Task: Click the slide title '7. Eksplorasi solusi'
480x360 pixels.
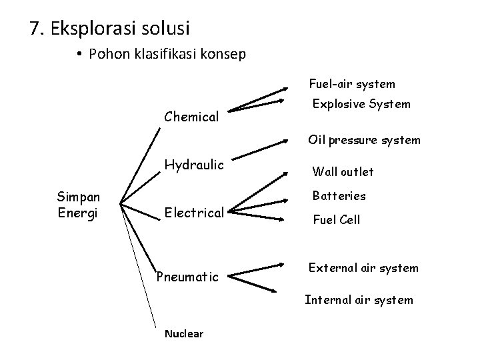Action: pos(110,29)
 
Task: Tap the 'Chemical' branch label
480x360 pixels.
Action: pos(191,117)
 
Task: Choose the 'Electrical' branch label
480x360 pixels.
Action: pos(193,213)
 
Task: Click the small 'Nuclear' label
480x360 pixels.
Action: pos(184,334)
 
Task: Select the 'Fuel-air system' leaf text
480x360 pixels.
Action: pos(351,84)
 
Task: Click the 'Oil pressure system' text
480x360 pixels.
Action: pos(364,140)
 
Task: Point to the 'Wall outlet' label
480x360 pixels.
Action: pos(343,172)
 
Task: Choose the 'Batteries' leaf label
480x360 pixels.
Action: pos(339,196)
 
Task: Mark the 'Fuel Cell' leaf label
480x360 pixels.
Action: pos(337,219)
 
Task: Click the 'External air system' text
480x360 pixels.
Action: pos(363,268)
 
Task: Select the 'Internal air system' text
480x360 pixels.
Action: pos(359,299)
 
